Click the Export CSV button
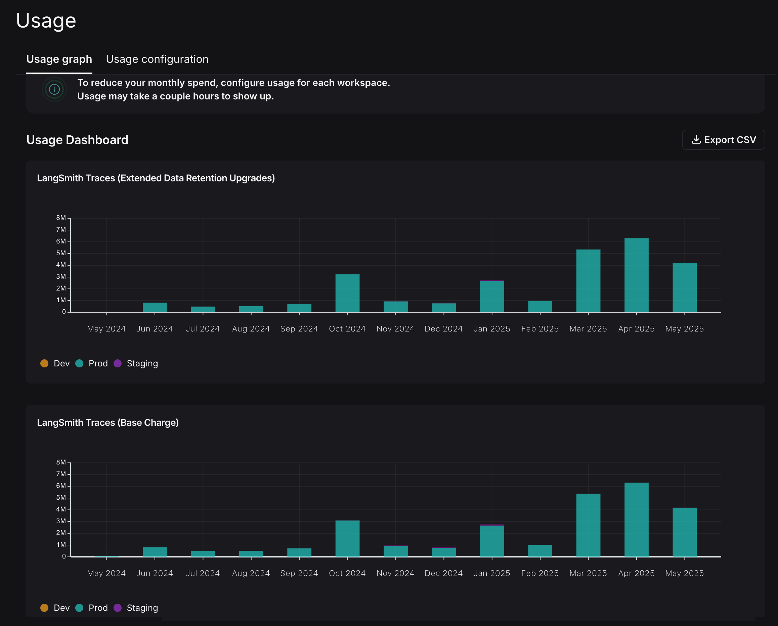click(723, 140)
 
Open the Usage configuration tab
click(157, 59)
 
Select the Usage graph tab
click(59, 59)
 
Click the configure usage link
click(258, 83)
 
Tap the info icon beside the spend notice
click(54, 89)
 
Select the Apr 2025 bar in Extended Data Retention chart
click(636, 275)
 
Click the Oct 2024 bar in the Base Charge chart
click(347, 538)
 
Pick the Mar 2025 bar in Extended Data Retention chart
click(588, 281)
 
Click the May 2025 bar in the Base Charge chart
click(685, 532)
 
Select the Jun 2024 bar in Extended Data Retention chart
click(155, 307)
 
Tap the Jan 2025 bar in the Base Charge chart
click(492, 540)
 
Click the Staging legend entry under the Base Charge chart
click(136, 608)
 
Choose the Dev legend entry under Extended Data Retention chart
click(55, 363)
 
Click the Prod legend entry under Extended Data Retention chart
click(92, 363)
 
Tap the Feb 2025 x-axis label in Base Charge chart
click(540, 573)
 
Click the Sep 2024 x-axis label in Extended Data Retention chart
click(299, 329)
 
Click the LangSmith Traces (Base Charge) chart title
click(108, 422)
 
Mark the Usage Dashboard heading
click(77, 140)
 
